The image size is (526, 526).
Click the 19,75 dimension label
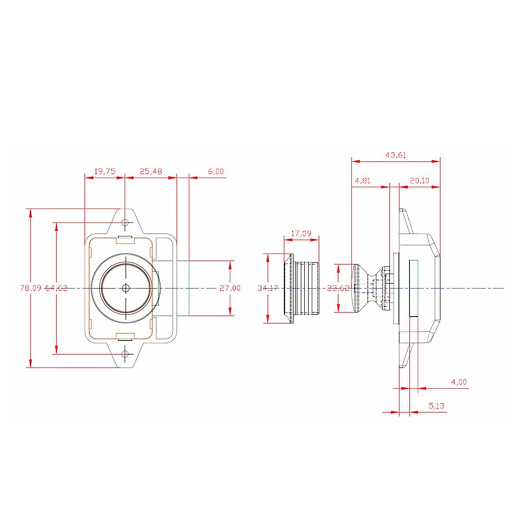point(105,171)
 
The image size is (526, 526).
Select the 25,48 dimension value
point(151,171)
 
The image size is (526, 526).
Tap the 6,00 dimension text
point(215,171)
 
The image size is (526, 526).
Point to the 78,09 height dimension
point(30,288)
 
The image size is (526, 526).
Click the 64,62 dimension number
point(56,288)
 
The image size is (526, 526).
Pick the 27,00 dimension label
point(230,288)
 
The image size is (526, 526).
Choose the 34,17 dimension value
point(267,288)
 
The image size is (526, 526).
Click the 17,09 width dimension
point(301,233)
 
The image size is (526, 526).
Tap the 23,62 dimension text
point(338,288)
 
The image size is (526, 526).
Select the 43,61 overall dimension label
point(396,155)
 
